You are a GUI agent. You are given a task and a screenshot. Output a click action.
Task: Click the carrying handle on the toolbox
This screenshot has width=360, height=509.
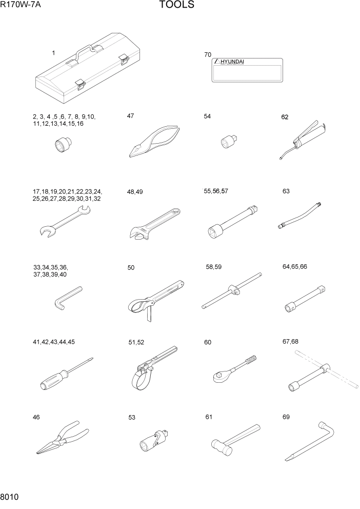85,51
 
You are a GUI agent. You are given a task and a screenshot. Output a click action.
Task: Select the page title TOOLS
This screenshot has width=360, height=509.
176,6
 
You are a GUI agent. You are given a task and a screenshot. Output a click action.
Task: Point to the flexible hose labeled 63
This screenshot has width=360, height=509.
301,216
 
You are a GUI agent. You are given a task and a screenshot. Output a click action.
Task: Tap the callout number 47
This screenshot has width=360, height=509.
131,116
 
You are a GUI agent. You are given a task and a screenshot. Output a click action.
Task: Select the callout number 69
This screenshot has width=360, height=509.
286,417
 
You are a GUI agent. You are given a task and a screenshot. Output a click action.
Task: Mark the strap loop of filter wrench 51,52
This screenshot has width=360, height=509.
139,380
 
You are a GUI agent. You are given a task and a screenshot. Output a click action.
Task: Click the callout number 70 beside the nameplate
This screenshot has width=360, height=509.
208,54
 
